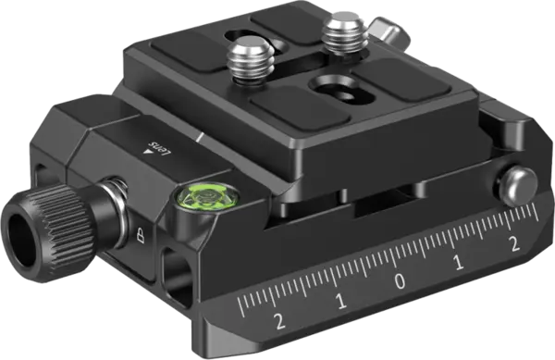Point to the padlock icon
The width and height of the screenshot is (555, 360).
click(x=141, y=235)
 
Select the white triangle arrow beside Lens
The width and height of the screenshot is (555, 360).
click(x=147, y=152)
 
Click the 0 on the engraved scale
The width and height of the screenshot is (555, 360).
click(x=401, y=281)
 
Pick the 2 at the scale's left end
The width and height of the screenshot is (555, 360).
click(x=279, y=321)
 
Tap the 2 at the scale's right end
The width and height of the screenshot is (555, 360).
click(x=514, y=244)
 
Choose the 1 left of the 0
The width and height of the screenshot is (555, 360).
click(x=340, y=302)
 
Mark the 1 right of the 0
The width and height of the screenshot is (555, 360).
click(x=459, y=263)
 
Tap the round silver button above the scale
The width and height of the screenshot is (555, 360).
click(x=517, y=187)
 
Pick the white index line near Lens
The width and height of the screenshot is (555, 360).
click(x=200, y=137)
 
